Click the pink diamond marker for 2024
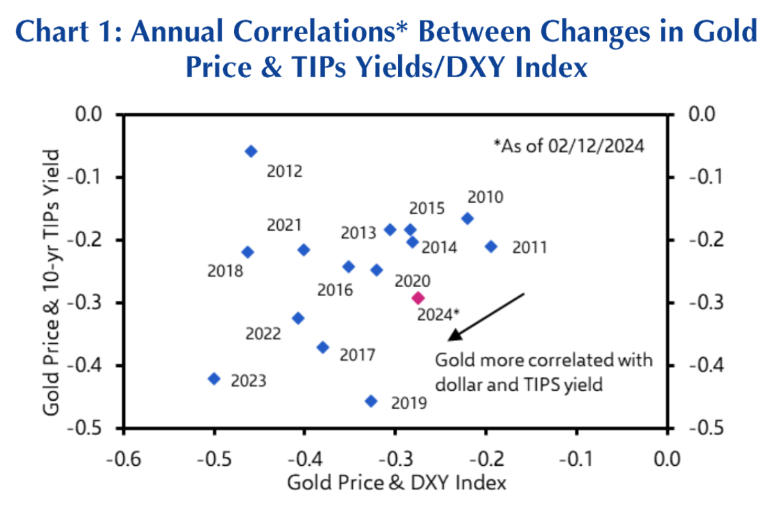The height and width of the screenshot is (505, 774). [x=418, y=297]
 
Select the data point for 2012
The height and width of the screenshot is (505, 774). [x=251, y=151]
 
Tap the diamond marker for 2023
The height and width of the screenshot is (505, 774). [x=215, y=378]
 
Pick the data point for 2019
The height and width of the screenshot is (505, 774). [x=371, y=401]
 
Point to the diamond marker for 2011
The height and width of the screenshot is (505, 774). [x=491, y=246]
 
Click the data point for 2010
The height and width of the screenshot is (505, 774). [x=467, y=218]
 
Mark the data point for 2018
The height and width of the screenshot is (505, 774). [x=248, y=252]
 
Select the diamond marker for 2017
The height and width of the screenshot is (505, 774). [x=323, y=347]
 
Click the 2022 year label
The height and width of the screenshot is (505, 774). [x=263, y=334]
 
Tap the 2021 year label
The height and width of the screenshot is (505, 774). [x=284, y=225]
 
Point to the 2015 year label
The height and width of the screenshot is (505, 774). [x=427, y=209]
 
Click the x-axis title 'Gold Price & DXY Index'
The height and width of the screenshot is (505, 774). [x=397, y=482]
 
